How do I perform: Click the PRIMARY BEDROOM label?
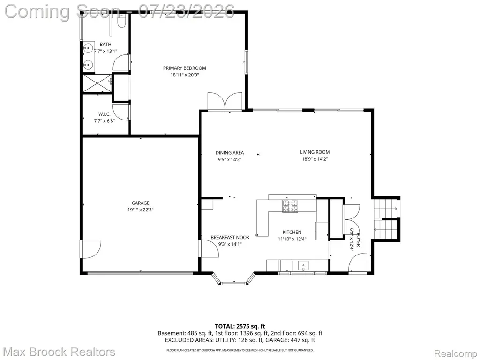[184, 68]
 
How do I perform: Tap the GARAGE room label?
[141, 202]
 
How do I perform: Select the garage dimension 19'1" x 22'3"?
[141, 210]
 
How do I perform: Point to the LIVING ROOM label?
[315, 152]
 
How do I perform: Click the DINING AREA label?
[230, 152]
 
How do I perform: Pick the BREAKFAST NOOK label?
[230, 237]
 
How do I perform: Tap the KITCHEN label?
[292, 232]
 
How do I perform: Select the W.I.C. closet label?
[105, 114]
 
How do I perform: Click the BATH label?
[105, 45]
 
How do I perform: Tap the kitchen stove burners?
[290, 206]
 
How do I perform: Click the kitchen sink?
[303, 265]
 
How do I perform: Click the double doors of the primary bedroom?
[225, 101]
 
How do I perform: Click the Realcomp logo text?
[456, 353]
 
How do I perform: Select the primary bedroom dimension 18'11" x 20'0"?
[185, 75]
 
